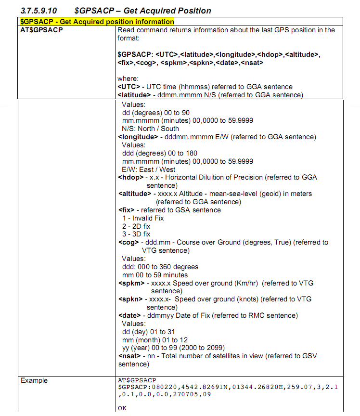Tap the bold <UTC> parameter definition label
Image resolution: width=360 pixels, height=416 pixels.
click(129, 87)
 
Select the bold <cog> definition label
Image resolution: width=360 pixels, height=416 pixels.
click(128, 243)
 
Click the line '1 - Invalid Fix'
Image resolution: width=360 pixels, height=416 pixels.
click(143, 218)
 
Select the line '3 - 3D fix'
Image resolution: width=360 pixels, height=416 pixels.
click(136, 234)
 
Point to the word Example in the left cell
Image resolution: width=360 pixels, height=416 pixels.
click(34, 381)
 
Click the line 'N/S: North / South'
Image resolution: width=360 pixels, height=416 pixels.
click(150, 129)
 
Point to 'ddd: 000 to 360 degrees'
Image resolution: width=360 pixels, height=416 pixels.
click(160, 267)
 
